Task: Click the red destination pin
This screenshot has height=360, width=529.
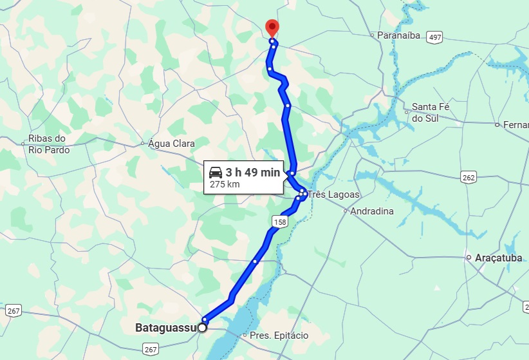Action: point(272,28)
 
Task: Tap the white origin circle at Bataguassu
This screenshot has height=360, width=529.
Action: point(202,328)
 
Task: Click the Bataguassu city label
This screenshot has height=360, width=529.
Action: point(165,328)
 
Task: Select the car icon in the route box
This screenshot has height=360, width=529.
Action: point(216,172)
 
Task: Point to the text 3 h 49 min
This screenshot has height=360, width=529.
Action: point(252,172)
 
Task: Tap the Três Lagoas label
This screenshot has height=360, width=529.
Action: point(333,194)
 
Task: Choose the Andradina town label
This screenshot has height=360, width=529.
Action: point(371,211)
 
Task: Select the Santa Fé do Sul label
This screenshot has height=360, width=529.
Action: point(431,112)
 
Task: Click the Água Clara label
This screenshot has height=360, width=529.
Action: point(171,143)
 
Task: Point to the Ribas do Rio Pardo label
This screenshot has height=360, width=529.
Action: point(47,144)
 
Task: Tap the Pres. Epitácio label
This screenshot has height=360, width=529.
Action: point(279,336)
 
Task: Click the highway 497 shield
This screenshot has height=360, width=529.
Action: point(435,37)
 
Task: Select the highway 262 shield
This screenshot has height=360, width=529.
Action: point(468,176)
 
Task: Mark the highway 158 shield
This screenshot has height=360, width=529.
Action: point(279,222)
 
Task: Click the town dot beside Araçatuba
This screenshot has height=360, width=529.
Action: point(469,258)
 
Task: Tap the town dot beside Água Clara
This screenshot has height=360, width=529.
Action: point(142,143)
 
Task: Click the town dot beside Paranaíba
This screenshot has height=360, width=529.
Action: point(372,35)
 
